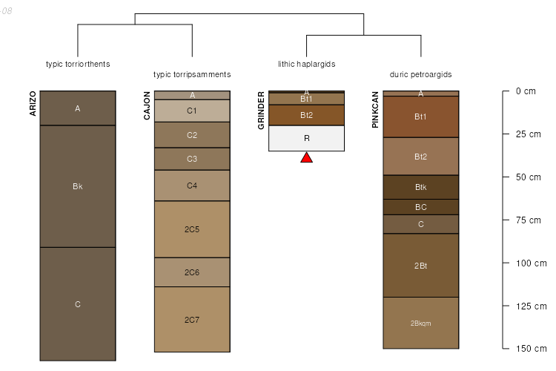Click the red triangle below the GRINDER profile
tap(306, 157)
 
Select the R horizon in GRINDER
tap(306, 139)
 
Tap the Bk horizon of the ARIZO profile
tap(78, 186)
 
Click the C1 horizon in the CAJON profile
tap(192, 111)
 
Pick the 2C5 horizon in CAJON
tap(192, 229)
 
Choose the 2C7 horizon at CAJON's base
tap(192, 320)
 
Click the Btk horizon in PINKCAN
tap(421, 187)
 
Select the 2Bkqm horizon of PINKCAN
tap(421, 323)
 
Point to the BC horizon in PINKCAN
tap(421, 207)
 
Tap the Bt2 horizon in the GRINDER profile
tap(306, 115)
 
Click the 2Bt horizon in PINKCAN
tap(421, 266)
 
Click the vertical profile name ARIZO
tap(33, 104)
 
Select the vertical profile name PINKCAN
tap(375, 110)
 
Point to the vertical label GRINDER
tap(261, 111)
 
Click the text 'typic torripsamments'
tap(192, 74)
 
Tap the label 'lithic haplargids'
tap(307, 64)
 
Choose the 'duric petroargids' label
tap(421, 74)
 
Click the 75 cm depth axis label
tap(529, 220)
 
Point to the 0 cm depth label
tap(526, 91)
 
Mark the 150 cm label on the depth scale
tap(532, 349)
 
